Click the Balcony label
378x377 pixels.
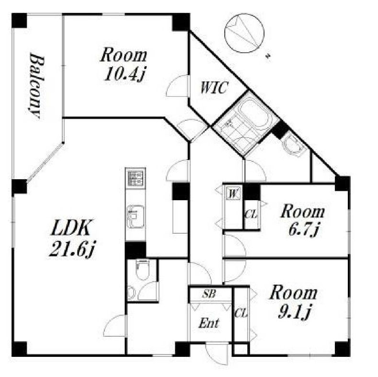point(36,86)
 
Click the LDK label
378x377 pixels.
point(70,228)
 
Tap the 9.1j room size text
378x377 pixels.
point(294,312)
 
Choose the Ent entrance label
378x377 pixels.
point(209,323)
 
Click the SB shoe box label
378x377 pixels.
point(209,294)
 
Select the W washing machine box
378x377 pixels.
point(233,194)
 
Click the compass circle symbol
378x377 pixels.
point(244,33)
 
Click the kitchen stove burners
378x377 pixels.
point(136,178)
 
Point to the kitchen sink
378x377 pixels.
point(136,216)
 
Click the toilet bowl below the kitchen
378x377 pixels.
point(142,270)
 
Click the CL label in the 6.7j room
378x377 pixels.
point(252,214)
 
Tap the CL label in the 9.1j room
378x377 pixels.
point(241,314)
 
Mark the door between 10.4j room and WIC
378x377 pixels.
point(177,86)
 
